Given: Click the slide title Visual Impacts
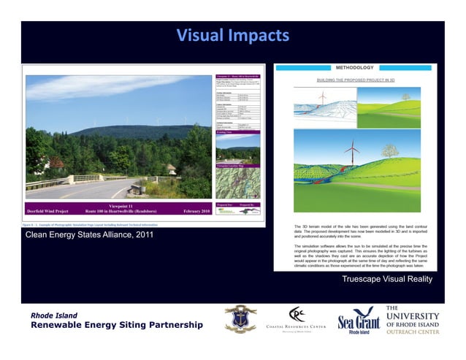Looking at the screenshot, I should tap(233, 35).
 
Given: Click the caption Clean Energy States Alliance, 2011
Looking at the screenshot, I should tap(88, 235).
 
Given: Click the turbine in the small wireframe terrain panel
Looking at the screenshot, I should tap(321, 99).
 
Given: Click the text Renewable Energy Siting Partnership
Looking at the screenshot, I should tap(116, 325).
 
